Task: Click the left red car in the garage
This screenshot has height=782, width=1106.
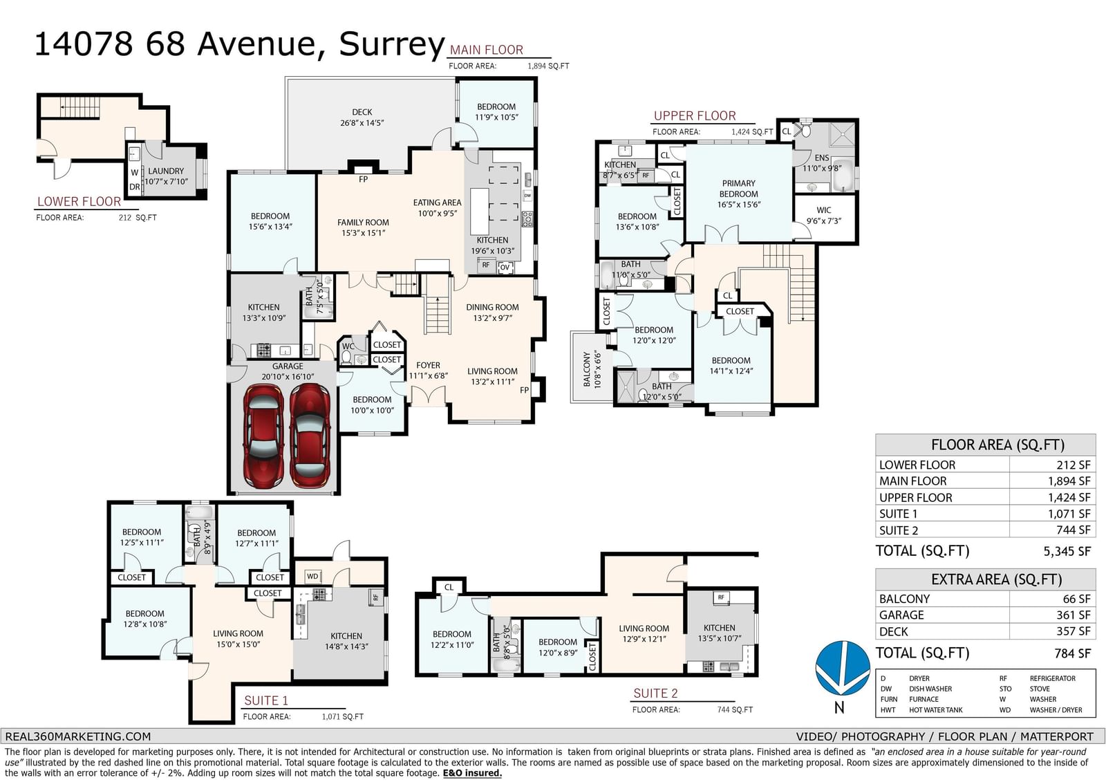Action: click(263, 437)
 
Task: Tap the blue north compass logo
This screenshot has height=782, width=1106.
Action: click(843, 668)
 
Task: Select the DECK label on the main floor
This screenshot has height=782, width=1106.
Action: click(362, 112)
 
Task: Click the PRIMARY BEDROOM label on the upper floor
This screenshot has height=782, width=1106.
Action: click(739, 188)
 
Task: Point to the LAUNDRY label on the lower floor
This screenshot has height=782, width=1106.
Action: click(166, 171)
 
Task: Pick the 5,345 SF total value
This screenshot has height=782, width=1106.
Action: click(1067, 551)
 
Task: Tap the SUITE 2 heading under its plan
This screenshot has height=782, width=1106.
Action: click(655, 693)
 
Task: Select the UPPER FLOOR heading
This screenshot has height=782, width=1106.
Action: click(695, 115)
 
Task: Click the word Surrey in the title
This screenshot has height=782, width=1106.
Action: click(391, 44)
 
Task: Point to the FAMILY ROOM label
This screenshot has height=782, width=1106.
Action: click(363, 223)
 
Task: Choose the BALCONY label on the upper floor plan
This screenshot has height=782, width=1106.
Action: click(587, 369)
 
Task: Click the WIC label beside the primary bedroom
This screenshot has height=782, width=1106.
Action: click(823, 210)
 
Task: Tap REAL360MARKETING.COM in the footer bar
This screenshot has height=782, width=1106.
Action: click(78, 736)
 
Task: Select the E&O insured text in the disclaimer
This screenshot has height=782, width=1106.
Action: click(472, 773)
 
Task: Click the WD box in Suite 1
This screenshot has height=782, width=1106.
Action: click(312, 576)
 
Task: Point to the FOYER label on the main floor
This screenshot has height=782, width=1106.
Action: click(428, 365)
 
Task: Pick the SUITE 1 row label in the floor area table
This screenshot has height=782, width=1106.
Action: click(898, 514)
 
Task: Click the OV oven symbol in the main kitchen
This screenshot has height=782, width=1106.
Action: click(505, 268)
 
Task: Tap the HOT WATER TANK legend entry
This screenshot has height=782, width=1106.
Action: click(936, 710)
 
